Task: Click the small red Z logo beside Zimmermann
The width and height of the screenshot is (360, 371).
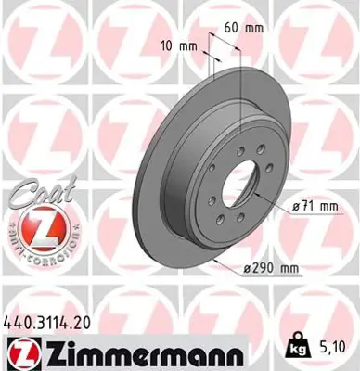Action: [19, 352]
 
